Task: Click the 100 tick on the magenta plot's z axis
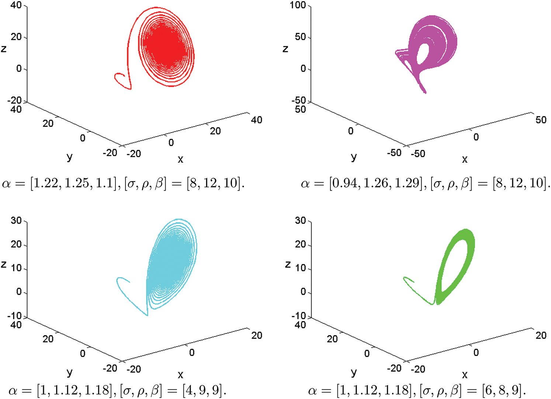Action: coord(298,6)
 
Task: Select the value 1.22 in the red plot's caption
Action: coord(46,183)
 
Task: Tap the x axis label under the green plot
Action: coord(465,375)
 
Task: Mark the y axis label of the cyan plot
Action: coord(69,372)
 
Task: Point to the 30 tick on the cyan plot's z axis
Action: coord(16,221)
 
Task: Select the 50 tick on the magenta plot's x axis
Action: coord(541,120)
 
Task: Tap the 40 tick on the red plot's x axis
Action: coord(256,120)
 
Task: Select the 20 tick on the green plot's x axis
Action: coord(541,335)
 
